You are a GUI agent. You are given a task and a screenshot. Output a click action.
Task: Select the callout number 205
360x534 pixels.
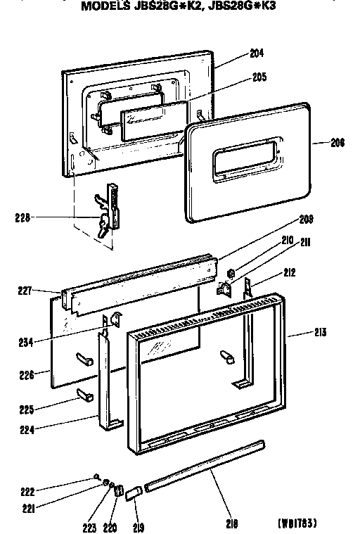click(x=259, y=78)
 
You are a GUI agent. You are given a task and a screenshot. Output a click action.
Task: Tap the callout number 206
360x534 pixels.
click(x=337, y=143)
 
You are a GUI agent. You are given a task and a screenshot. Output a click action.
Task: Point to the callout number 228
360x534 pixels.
click(x=22, y=217)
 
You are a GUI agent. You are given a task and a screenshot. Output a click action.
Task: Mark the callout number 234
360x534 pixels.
click(x=26, y=343)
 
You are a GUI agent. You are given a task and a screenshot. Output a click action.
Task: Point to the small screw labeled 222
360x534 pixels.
click(x=96, y=477)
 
